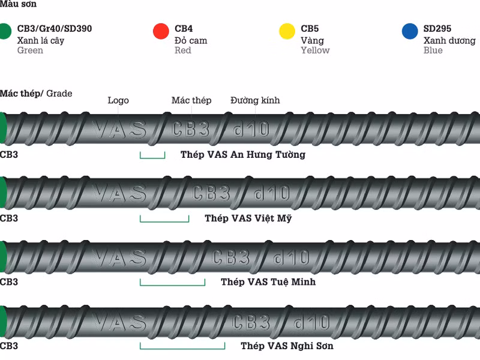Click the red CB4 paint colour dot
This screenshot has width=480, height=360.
(x=161, y=31)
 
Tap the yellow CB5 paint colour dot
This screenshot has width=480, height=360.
(x=287, y=31)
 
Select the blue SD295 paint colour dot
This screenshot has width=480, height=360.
(x=410, y=31)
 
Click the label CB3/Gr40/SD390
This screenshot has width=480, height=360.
(x=55, y=28)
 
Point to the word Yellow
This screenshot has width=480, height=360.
(x=316, y=50)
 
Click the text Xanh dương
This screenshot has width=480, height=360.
(x=449, y=40)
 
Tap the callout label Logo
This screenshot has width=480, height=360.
(x=118, y=100)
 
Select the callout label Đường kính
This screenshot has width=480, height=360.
(x=255, y=100)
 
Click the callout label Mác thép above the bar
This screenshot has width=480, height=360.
(x=191, y=100)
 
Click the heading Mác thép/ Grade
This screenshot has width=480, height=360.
(x=36, y=94)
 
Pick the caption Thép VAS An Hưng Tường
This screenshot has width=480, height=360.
(x=243, y=155)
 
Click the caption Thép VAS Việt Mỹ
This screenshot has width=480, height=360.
(x=248, y=218)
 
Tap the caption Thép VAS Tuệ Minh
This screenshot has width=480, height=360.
(x=268, y=281)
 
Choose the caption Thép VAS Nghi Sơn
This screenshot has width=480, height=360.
(x=287, y=346)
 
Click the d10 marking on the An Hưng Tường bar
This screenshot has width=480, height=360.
(x=251, y=129)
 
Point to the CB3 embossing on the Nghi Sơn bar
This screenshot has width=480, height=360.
(x=251, y=323)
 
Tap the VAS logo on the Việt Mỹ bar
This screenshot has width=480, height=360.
(x=119, y=193)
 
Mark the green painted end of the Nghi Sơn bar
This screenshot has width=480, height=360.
(x=3, y=322)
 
